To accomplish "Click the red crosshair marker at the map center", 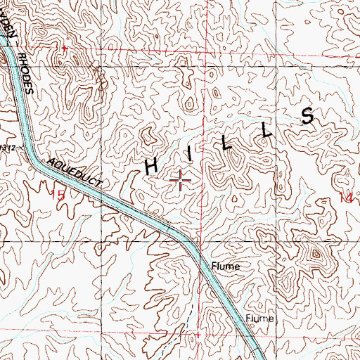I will [x=181, y=181].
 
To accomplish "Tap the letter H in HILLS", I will [x=151, y=166].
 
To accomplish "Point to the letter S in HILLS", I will [x=308, y=116].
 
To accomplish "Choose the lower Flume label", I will [x=259, y=319].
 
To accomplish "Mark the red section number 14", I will [x=345, y=199].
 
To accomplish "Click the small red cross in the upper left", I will [x=64, y=48].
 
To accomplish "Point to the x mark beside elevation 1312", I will [x=20, y=148].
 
